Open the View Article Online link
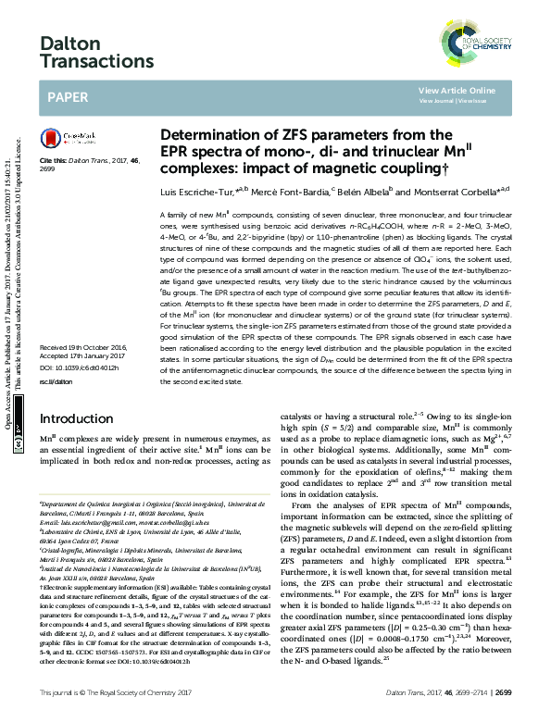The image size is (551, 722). click(457, 90)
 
